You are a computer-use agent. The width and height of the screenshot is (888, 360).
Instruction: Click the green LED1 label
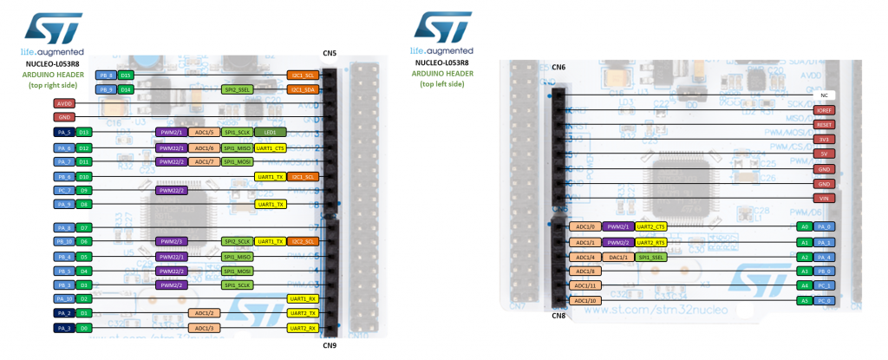pos(270,132)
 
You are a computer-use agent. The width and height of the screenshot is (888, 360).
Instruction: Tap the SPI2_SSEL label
pos(238,89)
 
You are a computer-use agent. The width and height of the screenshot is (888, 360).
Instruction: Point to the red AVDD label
pos(65,103)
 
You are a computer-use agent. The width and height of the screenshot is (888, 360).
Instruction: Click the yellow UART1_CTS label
pos(270,147)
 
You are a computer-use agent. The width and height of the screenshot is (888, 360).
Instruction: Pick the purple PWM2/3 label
pos(172,241)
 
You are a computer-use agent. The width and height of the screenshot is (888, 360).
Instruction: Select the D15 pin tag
pos(127,76)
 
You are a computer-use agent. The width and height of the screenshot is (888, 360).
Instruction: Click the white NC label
pos(822,95)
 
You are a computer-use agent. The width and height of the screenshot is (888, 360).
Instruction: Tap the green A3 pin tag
pos(804,272)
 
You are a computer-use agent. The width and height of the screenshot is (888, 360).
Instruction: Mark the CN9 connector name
pos(329,344)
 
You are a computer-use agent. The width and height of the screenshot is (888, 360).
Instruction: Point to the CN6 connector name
pos(558,67)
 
